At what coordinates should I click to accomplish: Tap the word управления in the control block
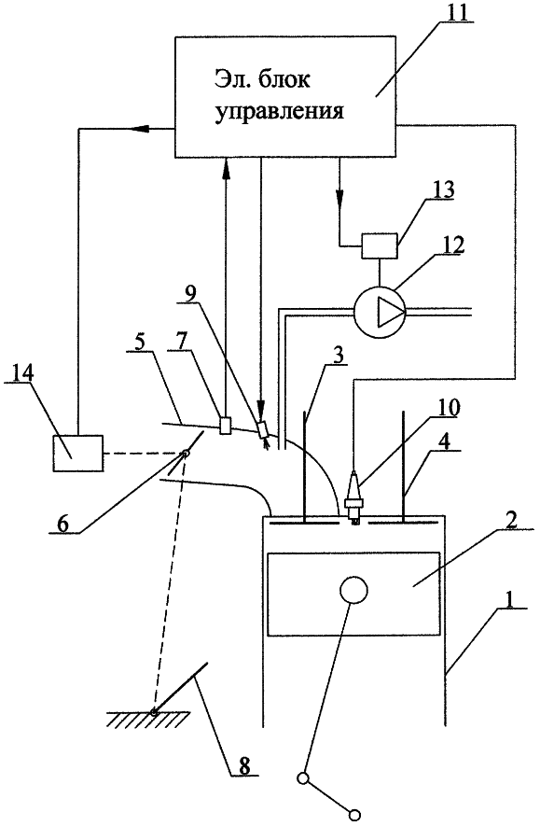tap(280, 112)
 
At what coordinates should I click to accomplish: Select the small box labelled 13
tap(380, 246)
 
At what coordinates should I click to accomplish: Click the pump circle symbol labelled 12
tap(379, 313)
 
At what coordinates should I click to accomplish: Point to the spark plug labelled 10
tap(354, 497)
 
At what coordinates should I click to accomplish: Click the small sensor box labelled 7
tap(225, 425)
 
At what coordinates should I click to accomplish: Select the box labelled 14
tap(78, 453)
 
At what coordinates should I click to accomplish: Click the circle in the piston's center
tap(353, 590)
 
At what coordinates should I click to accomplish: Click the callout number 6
tap(63, 524)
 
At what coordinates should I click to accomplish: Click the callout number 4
tap(444, 441)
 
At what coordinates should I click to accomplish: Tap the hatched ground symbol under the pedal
tap(148, 719)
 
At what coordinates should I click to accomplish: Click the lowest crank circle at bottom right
tap(355, 815)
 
